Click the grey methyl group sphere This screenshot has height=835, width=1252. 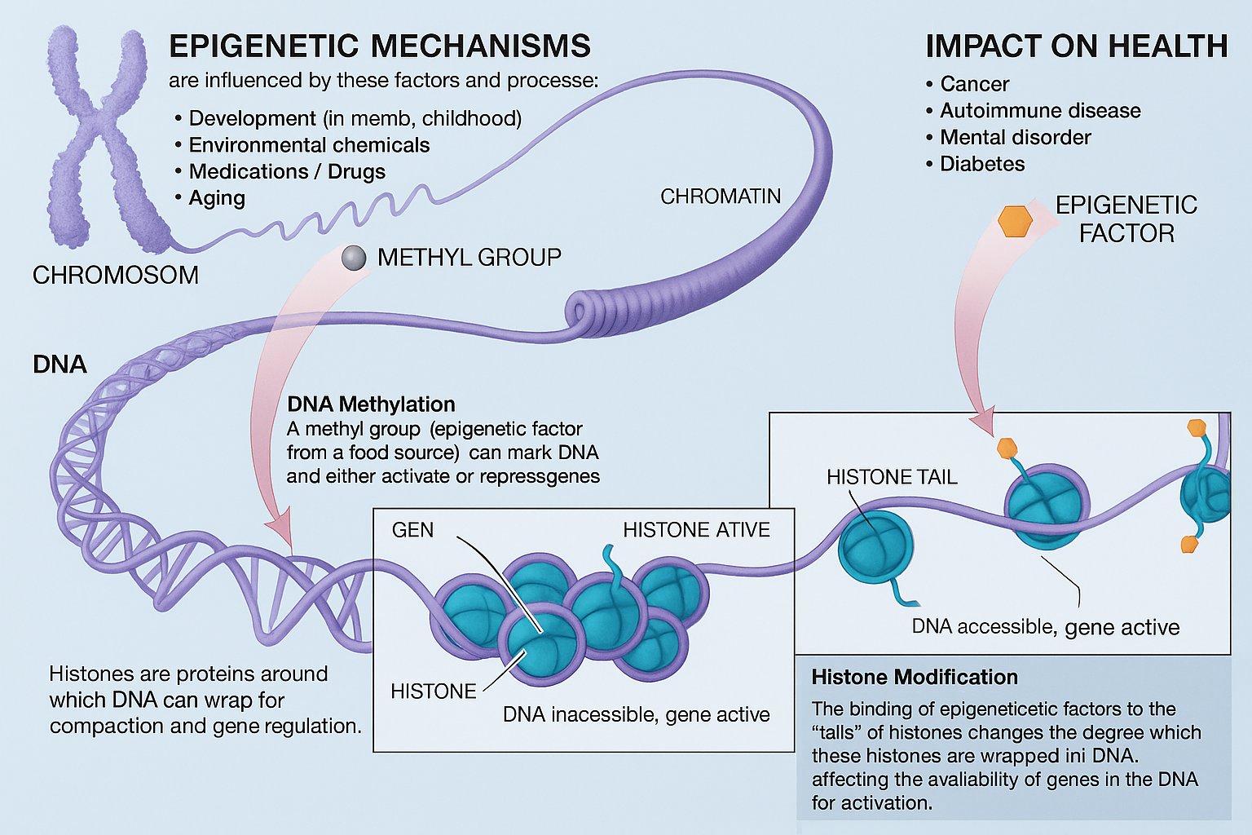354,258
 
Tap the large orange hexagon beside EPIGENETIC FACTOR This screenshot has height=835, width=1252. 1016,220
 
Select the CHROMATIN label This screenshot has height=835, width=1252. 721,197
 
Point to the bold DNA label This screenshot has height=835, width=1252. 60,364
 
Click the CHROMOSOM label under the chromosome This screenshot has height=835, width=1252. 115,276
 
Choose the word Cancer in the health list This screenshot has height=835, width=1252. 974,84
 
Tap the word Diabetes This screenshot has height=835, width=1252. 982,164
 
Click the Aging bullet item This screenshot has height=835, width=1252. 217,198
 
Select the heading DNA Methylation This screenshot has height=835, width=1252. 371,404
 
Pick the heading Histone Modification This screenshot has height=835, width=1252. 915,678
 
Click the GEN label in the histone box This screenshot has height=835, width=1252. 412,530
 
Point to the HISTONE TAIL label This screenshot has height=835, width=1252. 892,477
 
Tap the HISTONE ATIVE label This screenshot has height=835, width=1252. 696,530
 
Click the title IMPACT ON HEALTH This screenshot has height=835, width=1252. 1076,46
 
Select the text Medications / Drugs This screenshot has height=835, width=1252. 287,172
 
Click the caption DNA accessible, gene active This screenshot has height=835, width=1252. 1045,627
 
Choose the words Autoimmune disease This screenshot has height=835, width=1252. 1040,111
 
